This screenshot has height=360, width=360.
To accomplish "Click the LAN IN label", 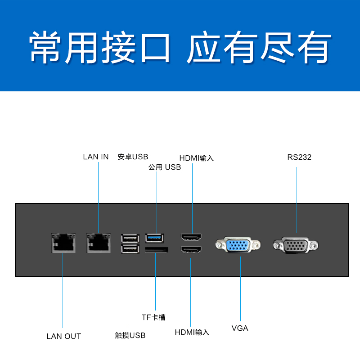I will (x=96, y=157).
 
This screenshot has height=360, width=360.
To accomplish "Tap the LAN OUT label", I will (x=64, y=336).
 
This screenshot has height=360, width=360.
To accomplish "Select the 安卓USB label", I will (x=133, y=157).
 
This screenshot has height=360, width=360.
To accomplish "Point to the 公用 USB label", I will (x=164, y=167).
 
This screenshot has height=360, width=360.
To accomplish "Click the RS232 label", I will (x=299, y=157).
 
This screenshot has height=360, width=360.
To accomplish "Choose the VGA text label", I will (x=240, y=328).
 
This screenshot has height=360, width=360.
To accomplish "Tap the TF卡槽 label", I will (x=153, y=317).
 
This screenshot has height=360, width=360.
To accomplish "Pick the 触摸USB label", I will (x=130, y=335).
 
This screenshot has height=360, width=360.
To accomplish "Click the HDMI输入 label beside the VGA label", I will (x=192, y=332).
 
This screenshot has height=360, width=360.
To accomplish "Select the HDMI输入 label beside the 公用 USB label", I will (x=196, y=158).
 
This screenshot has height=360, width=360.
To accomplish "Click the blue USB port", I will (x=155, y=237).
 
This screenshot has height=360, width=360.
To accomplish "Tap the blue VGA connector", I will (x=238, y=246).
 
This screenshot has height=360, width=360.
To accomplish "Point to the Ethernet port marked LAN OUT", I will (x=63, y=243).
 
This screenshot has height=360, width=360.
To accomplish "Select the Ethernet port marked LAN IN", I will (x=99, y=243).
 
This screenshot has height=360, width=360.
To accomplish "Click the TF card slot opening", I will (x=156, y=250).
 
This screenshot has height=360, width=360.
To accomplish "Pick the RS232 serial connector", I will (x=296, y=246).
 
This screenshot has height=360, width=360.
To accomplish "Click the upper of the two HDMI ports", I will (x=192, y=237).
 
